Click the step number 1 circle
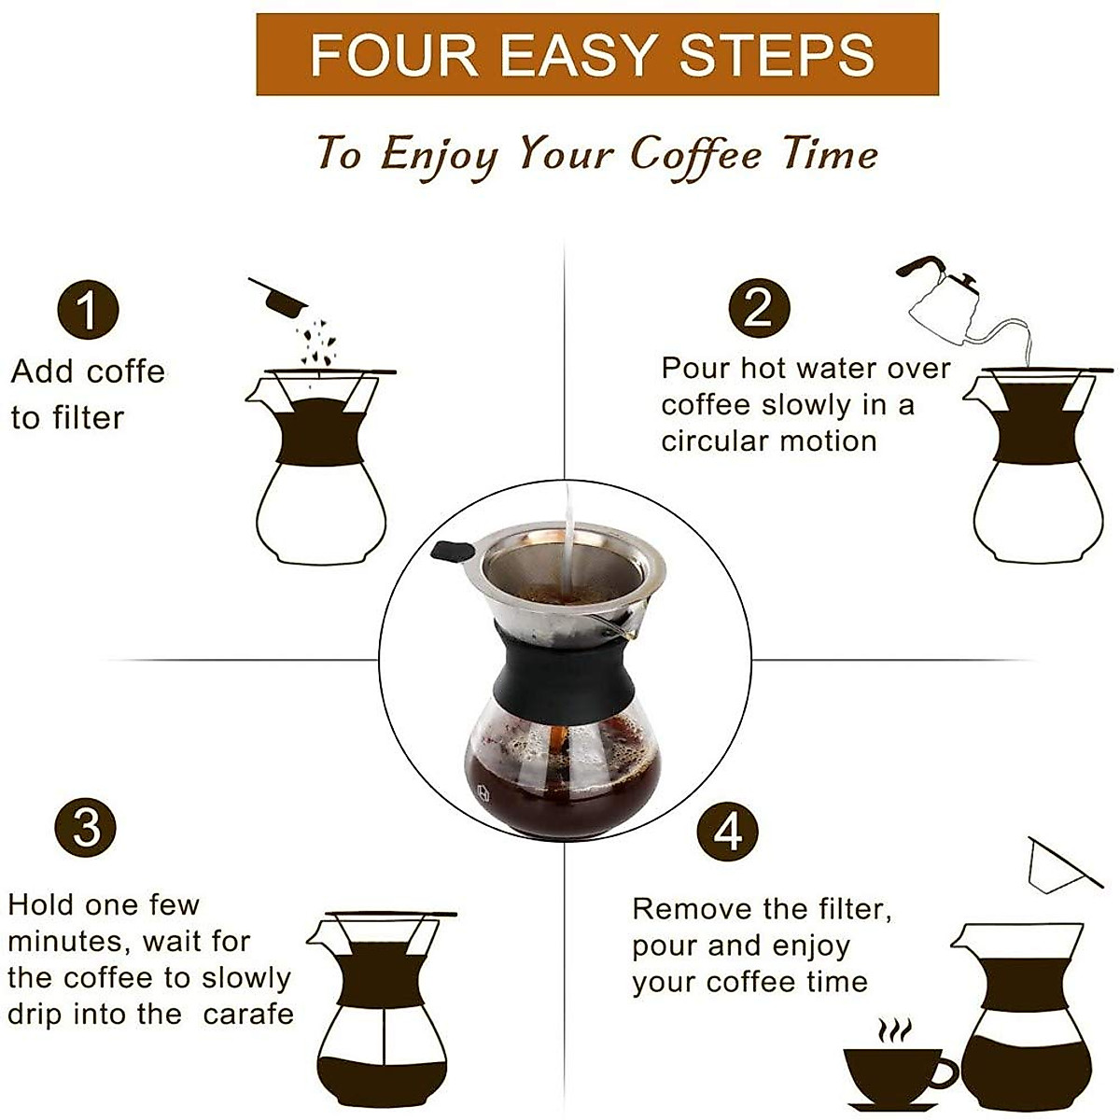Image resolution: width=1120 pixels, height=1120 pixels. (89, 310)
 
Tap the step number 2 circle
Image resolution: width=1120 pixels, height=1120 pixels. (759, 308)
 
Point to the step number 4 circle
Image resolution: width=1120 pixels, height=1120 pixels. (728, 832)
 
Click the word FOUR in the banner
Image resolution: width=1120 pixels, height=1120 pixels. (395, 55)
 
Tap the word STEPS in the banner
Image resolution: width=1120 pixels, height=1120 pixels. (777, 55)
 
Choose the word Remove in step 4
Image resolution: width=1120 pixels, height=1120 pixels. (681, 909)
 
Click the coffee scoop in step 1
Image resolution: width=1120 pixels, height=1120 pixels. (278, 297)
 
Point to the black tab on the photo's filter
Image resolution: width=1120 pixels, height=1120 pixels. (453, 551)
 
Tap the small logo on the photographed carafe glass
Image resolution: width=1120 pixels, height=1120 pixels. (483, 793)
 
